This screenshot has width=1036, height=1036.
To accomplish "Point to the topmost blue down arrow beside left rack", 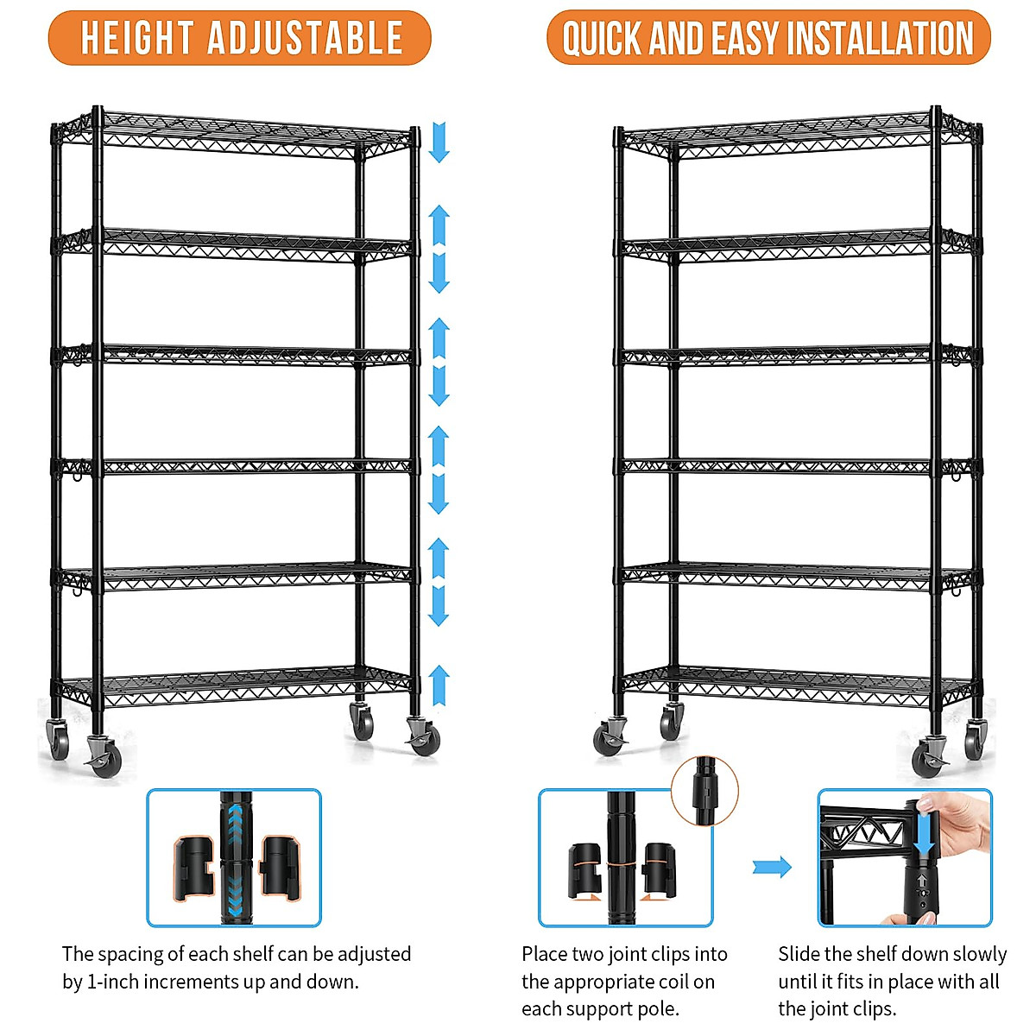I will click(x=439, y=142).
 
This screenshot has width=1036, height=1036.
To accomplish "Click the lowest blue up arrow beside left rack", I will click(x=439, y=685).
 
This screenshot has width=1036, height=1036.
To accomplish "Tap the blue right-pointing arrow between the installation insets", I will click(x=771, y=867).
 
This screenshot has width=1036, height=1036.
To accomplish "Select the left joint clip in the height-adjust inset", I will click(x=193, y=867).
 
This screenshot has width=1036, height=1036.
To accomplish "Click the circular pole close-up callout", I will click(x=704, y=790).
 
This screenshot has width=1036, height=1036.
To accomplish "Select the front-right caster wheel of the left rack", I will click(x=422, y=738).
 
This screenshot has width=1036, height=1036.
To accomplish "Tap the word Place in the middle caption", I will click(x=545, y=954).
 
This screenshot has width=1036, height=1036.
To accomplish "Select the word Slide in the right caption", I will click(x=799, y=954).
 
